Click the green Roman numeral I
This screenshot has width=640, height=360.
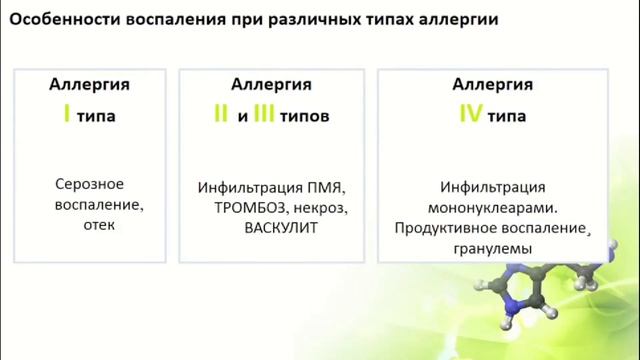[x=67, y=115]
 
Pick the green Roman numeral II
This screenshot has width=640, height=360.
[x=221, y=115]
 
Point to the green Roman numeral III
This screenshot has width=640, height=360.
[x=263, y=115]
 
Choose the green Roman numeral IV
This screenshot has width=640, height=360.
[x=471, y=115]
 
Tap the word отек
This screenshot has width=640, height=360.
[x=100, y=225]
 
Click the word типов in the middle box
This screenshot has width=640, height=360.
[x=304, y=116]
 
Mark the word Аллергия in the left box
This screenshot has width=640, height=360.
[x=90, y=84]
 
